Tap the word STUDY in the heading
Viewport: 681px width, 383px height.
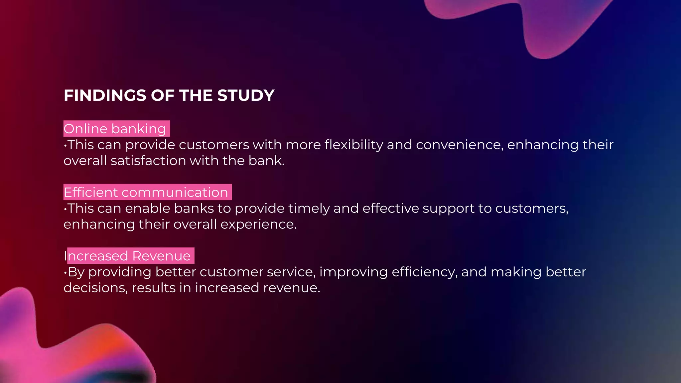pos(246,95)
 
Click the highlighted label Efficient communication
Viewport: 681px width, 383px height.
pos(146,192)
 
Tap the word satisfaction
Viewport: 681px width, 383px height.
pos(148,161)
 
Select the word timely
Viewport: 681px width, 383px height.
pos(309,208)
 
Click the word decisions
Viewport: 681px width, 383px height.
pos(95,288)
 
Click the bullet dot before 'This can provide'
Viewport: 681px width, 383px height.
pos(65,145)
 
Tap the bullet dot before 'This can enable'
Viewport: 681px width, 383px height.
pos(65,209)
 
